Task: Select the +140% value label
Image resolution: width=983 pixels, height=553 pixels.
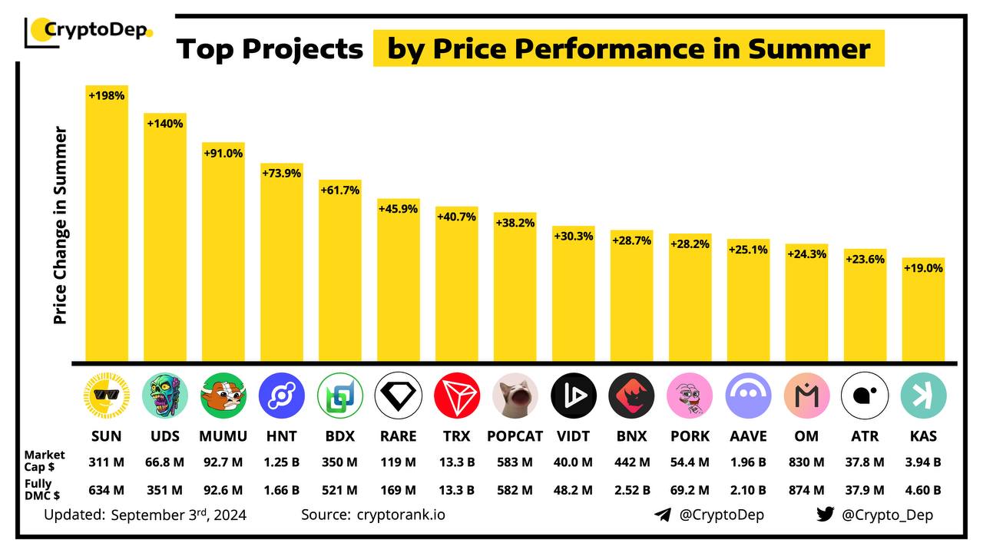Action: tap(164, 123)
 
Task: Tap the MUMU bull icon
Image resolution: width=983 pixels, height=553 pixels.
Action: tap(223, 396)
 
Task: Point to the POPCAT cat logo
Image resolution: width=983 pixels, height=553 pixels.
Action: tap(515, 396)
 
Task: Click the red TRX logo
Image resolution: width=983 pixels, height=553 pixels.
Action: tap(456, 396)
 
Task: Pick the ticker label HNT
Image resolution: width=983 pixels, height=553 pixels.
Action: tap(282, 436)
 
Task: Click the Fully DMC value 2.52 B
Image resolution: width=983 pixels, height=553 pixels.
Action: tap(631, 490)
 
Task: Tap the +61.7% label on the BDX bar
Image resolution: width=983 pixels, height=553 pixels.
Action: tap(339, 190)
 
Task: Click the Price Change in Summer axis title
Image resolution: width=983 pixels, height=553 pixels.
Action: tap(61, 225)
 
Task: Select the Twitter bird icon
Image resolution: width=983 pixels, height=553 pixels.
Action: tap(825, 515)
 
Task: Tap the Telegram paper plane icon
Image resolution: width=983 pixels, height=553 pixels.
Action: tap(662, 515)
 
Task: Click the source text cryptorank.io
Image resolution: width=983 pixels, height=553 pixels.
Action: tap(401, 515)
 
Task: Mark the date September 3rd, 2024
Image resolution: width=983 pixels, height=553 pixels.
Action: tap(178, 515)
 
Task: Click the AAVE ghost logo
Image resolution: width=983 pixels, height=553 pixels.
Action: tap(748, 396)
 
